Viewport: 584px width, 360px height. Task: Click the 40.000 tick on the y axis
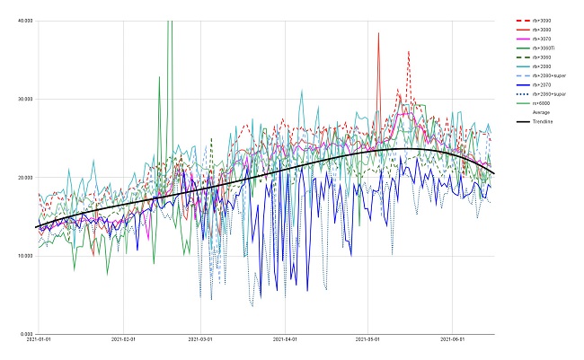[25, 20]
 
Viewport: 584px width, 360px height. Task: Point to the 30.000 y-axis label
[25, 98]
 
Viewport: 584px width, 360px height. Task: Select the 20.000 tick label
[25, 177]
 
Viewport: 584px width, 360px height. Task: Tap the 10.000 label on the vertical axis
[25, 255]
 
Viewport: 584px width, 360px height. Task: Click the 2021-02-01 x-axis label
[123, 340]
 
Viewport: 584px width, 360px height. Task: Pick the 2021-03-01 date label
[200, 340]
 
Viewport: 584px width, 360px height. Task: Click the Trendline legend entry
[542, 121]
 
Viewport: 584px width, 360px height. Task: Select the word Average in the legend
[541, 112]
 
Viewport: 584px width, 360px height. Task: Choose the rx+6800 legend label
[541, 103]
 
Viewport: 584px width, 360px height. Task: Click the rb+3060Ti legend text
[544, 48]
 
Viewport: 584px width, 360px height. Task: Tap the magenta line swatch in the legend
[520, 39]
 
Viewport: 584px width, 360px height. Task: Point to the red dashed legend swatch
[520, 20]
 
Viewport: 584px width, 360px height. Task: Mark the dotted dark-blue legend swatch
[520, 94]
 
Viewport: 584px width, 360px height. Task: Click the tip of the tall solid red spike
[379, 33]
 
